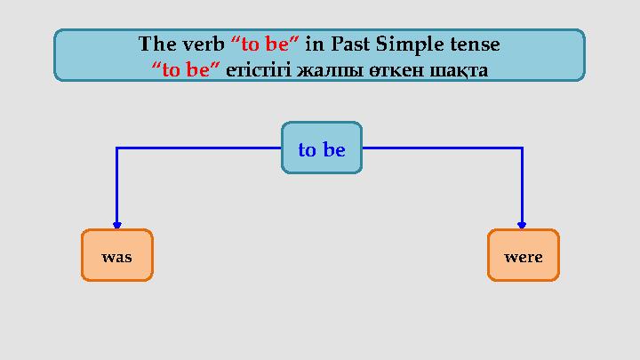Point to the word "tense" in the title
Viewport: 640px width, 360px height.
[x=479, y=43]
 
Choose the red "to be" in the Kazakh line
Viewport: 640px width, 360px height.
[x=186, y=68]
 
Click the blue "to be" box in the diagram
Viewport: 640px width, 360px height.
[x=321, y=149]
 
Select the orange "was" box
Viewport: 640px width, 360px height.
[x=116, y=256]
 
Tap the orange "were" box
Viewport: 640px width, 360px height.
[x=523, y=256]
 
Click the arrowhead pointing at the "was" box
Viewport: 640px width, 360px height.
[x=116, y=225]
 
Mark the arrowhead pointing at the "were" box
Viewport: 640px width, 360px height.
[x=522, y=225]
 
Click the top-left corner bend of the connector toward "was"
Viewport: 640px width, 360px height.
[x=116, y=148]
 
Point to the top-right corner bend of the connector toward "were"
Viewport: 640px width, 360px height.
[x=522, y=148]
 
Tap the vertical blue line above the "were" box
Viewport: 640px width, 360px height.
[x=522, y=187]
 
